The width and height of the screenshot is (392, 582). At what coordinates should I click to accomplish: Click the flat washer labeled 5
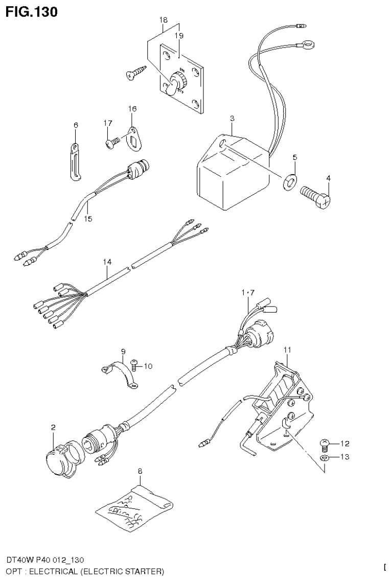[289, 179]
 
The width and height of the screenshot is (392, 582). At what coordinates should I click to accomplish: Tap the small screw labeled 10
[134, 364]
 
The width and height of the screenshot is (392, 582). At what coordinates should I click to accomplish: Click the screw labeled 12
[323, 443]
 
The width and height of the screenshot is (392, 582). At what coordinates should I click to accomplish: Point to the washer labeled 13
[324, 457]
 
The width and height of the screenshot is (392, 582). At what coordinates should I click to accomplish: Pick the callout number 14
[106, 262]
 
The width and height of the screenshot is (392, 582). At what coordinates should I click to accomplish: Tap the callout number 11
[287, 349]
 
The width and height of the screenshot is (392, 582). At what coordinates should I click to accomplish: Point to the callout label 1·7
[248, 293]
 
